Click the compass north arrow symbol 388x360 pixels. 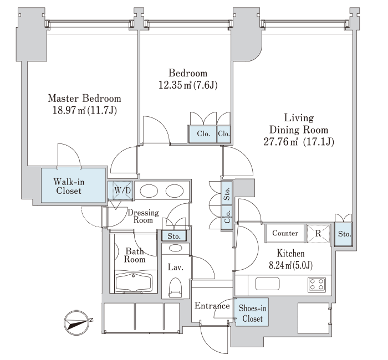76,323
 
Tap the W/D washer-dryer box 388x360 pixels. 122,191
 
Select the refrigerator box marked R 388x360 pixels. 318,233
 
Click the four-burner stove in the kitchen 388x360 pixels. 316,284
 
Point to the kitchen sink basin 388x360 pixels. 268,284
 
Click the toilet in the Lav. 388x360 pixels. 175,287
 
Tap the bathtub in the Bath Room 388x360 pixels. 134,283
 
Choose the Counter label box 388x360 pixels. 285,233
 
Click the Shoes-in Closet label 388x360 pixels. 252,313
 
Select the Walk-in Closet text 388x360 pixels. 69,186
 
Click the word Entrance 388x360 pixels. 212,306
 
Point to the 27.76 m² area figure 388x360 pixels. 280,142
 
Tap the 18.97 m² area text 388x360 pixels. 69,110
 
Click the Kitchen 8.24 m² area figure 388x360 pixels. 280,265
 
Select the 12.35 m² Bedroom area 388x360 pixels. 175,85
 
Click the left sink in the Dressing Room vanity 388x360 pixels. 149,191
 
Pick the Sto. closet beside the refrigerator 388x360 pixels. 344,234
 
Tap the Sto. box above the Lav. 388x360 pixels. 173,236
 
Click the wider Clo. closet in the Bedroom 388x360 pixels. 203,134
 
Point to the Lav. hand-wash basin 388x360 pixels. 175,248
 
